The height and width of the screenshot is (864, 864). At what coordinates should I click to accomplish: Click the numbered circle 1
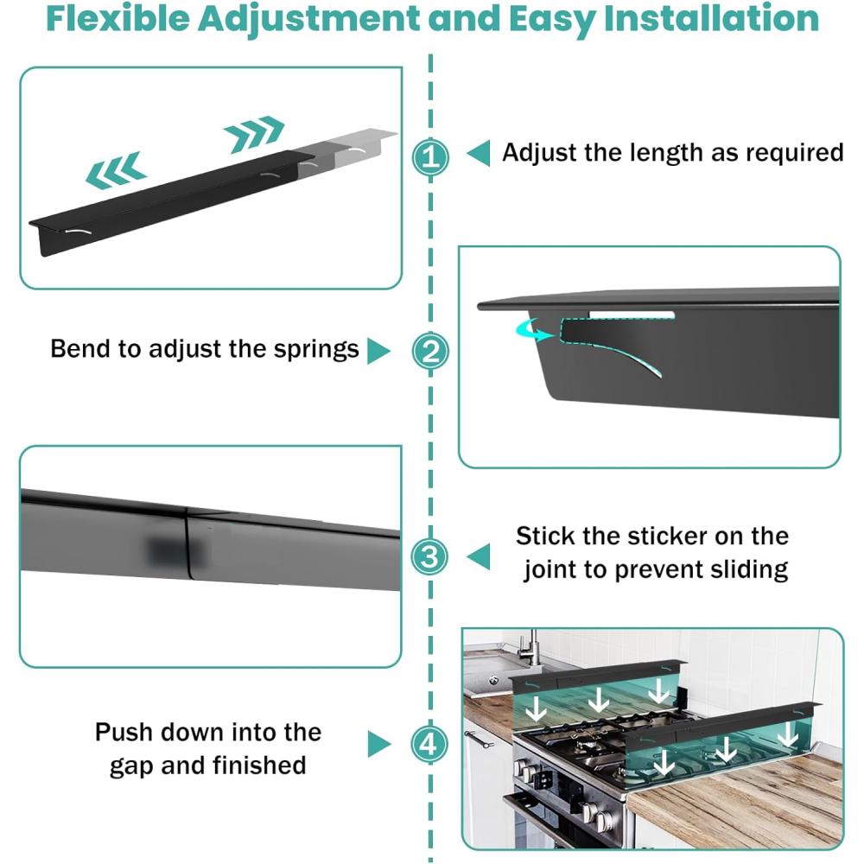tap(430, 157)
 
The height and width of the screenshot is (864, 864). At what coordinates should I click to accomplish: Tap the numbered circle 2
tap(430, 352)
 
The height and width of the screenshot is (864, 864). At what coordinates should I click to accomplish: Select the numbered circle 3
tap(430, 556)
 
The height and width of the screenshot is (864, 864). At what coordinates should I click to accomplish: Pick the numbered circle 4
tap(430, 743)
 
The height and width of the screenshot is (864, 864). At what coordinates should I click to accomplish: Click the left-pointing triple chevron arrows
tap(115, 169)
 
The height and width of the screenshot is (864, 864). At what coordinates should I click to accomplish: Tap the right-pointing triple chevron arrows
tap(253, 131)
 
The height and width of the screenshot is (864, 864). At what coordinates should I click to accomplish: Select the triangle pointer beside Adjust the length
tap(479, 154)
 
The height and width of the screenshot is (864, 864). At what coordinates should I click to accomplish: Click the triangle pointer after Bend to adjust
tap(378, 351)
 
